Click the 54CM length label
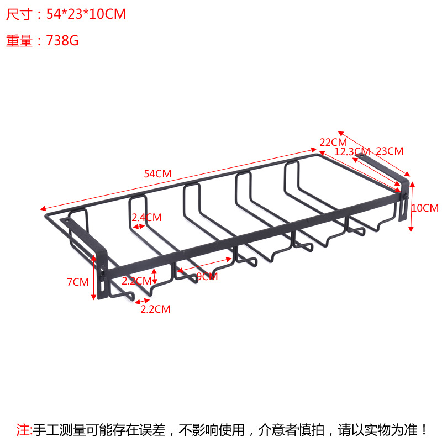click(157, 173)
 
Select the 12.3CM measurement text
click(352, 151)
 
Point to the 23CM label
click(390, 151)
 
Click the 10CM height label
click(425, 208)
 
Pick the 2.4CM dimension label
click(146, 217)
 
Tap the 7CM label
click(77, 282)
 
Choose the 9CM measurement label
click(207, 277)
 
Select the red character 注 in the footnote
click(23, 429)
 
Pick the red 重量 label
click(19, 41)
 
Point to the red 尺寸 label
click(19, 14)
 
